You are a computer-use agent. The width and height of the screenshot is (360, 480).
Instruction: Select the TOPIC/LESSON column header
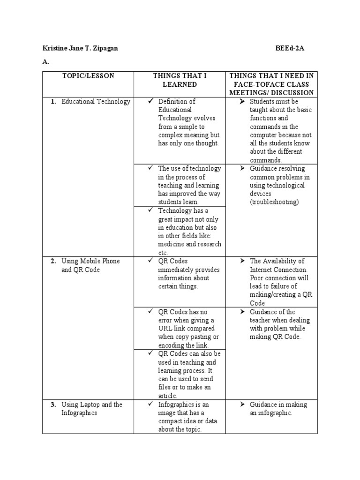click(x=88, y=76)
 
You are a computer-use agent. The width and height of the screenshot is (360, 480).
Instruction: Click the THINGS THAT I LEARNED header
click(x=180, y=80)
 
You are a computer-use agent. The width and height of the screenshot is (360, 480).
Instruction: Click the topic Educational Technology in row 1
click(x=96, y=102)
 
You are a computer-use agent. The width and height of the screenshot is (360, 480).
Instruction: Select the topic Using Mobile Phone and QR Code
click(x=90, y=265)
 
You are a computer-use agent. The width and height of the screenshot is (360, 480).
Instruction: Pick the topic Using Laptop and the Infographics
click(x=91, y=409)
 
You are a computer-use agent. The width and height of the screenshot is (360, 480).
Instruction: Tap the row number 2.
click(x=53, y=261)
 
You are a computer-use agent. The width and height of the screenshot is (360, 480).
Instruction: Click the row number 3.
click(x=53, y=405)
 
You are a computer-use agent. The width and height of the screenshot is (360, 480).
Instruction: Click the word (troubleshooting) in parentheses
click(x=274, y=202)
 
